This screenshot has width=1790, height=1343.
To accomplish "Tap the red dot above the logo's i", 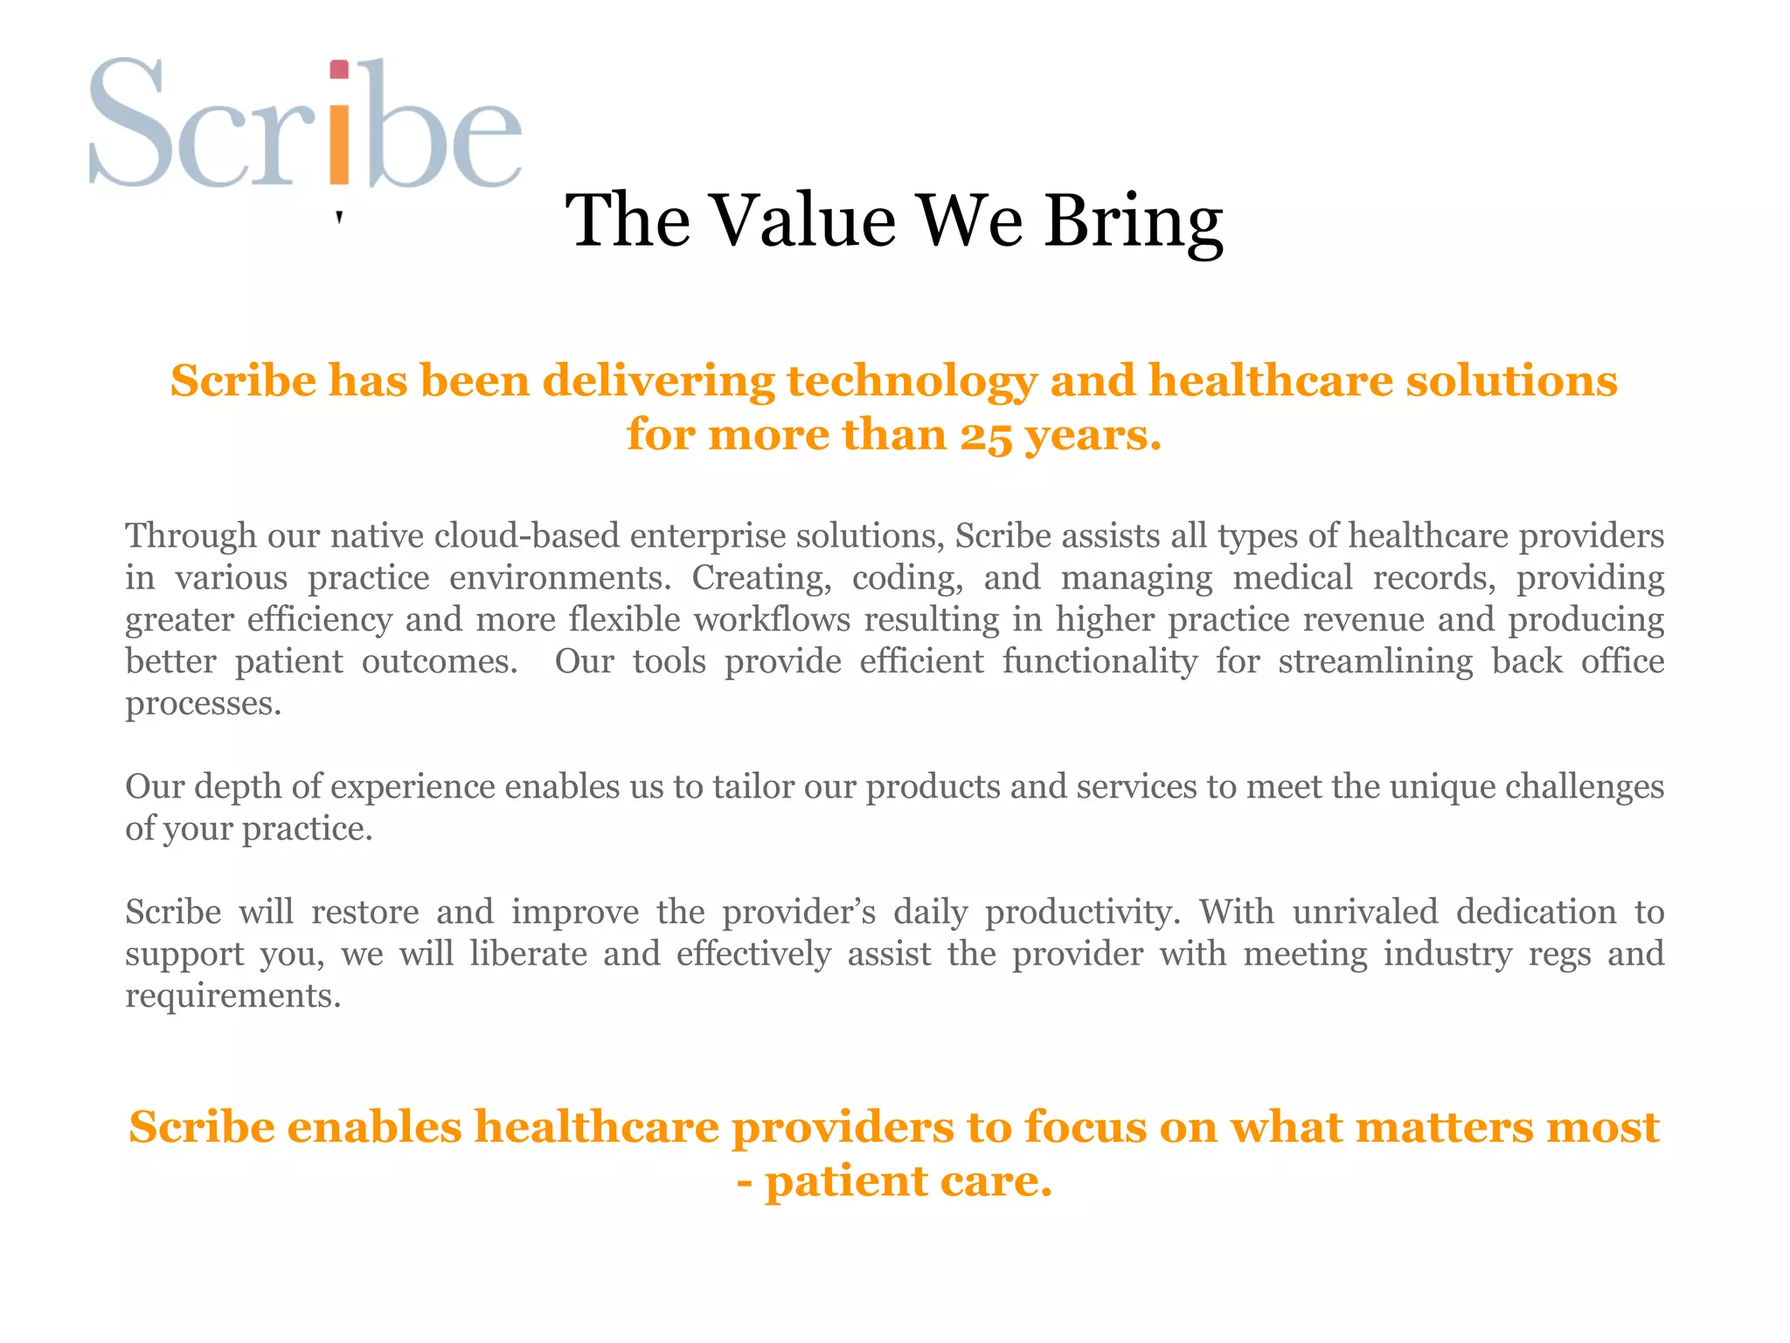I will point(339,70).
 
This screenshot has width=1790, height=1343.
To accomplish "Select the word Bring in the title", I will point(1134,222).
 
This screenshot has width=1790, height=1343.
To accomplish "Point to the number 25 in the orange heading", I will point(986,435).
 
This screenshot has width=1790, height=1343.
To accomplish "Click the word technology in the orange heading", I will point(912,381).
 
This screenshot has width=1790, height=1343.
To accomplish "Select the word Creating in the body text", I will point(760,577).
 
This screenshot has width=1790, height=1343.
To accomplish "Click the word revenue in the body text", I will point(1360,619).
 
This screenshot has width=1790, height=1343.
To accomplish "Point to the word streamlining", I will point(1375,661).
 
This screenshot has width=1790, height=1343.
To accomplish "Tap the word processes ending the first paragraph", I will point(203,703).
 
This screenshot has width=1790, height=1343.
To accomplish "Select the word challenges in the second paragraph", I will point(1584,786).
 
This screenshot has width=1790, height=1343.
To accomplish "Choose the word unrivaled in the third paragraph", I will point(1364,912).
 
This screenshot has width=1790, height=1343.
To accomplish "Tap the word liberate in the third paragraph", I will point(528,954).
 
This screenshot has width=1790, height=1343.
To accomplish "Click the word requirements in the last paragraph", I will point(232,996).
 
